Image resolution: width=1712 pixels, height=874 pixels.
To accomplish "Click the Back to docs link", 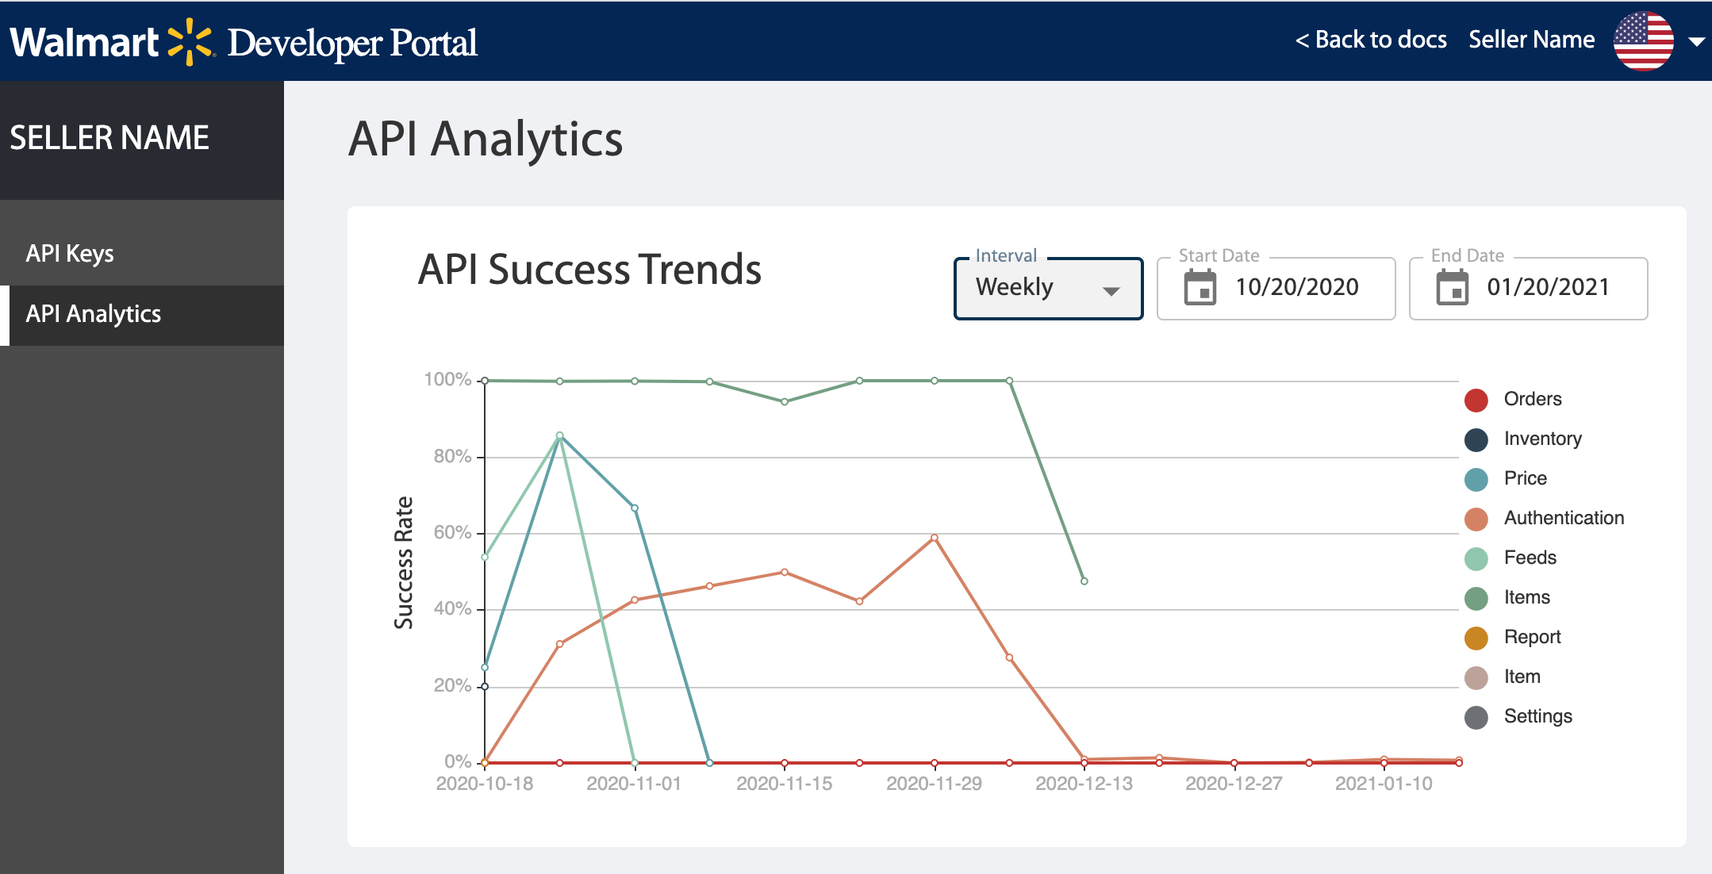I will click(x=1371, y=40).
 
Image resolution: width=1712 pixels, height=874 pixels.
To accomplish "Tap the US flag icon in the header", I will click(x=1643, y=41).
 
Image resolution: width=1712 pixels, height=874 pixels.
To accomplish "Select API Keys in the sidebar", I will click(x=70, y=254).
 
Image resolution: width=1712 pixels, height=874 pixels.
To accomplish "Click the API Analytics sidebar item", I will click(x=94, y=314).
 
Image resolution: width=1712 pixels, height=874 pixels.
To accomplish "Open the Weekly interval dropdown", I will click(x=1047, y=288).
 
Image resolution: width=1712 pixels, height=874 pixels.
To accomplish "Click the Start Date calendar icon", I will click(x=1200, y=287).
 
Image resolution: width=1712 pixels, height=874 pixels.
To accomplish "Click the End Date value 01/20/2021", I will click(x=1548, y=287).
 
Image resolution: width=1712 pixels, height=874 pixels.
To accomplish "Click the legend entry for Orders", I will click(x=1532, y=399).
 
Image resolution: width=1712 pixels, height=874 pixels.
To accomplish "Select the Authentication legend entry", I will click(x=1563, y=518).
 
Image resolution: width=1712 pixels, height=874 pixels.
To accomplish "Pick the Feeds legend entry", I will click(x=1530, y=558).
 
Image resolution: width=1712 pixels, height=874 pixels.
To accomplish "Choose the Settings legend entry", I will click(x=1537, y=716).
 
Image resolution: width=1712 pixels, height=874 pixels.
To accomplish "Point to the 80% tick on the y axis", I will click(x=452, y=456).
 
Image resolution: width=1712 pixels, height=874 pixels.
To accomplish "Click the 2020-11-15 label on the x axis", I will click(x=784, y=784).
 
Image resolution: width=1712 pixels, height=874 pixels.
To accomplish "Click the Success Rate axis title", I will click(x=404, y=562).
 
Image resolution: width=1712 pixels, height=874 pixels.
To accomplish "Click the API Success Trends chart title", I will click(x=589, y=270).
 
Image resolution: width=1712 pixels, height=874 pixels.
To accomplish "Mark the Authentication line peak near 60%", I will click(x=935, y=538).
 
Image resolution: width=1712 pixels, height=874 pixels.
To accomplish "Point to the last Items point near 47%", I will click(x=1084, y=581).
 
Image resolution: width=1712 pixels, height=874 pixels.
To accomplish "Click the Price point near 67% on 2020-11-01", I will click(x=635, y=508).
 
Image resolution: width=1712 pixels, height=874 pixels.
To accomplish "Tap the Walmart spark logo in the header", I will click(x=190, y=41).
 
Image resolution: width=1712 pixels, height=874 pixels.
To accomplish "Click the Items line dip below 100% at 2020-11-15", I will click(x=785, y=402).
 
